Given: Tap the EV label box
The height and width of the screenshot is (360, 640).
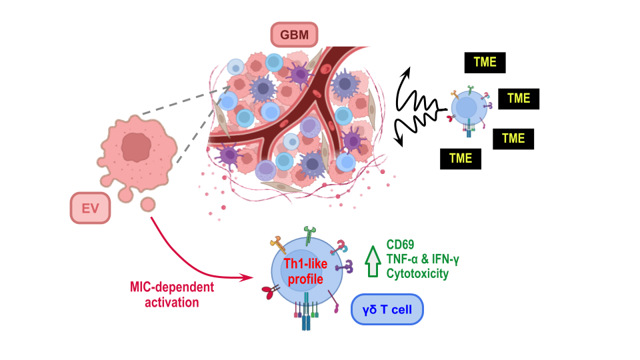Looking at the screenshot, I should [x=90, y=209].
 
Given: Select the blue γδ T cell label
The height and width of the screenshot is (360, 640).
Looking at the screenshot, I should [x=387, y=310].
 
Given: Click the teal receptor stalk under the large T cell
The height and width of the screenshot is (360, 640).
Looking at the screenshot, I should [x=306, y=321].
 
